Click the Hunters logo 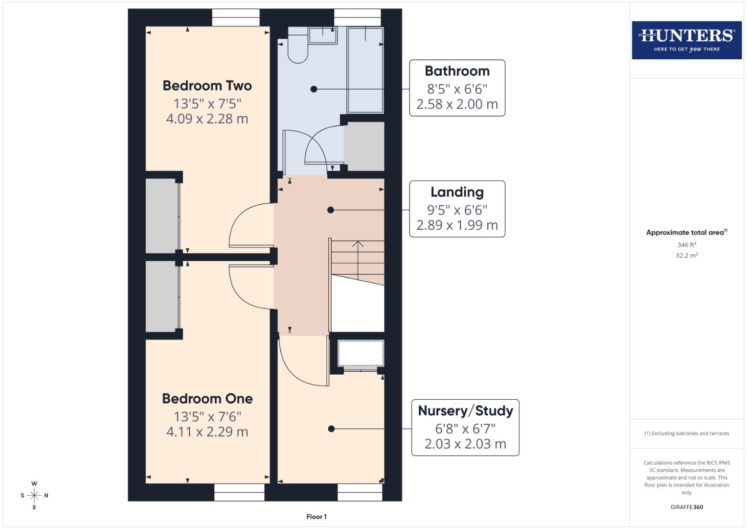tap(686, 40)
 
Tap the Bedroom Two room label tap(207, 86)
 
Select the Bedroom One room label tap(207, 399)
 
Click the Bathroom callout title tap(457, 71)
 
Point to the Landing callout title tap(457, 192)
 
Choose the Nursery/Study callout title tap(465, 410)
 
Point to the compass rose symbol tap(34, 496)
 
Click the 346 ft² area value tap(686, 245)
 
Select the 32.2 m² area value tap(686, 255)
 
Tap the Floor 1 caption tap(317, 517)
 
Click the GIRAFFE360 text tap(686, 507)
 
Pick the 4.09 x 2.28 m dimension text tap(207, 119)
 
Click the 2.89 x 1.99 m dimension tap(457, 225)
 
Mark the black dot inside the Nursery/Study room tap(331, 429)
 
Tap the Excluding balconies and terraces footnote tap(686, 433)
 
